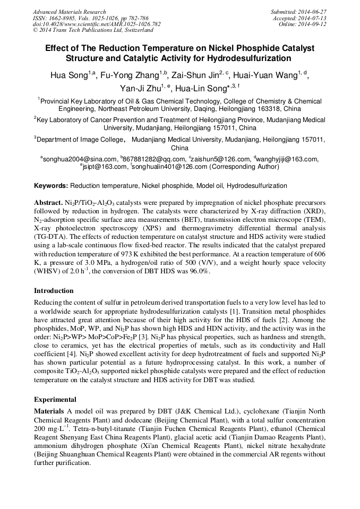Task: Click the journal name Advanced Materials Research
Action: pos(69,12)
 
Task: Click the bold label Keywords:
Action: pos(51,186)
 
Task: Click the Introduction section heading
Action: pos(54,291)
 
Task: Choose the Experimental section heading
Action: pos(55,400)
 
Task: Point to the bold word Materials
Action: pos(50,411)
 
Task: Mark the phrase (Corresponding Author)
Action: pos(244,167)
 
